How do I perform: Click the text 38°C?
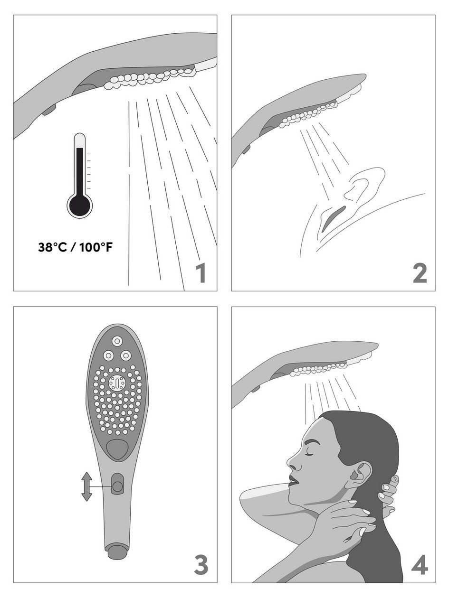(52, 247)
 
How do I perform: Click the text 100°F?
(96, 247)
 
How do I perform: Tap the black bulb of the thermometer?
(80, 205)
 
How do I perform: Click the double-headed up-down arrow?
(86, 486)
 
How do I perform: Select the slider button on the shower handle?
(117, 486)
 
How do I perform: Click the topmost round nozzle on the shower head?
(117, 341)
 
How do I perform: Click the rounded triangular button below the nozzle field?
(117, 450)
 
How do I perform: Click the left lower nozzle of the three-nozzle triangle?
(108, 355)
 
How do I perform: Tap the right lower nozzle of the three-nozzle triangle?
(126, 355)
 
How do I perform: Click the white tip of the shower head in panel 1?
(206, 64)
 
